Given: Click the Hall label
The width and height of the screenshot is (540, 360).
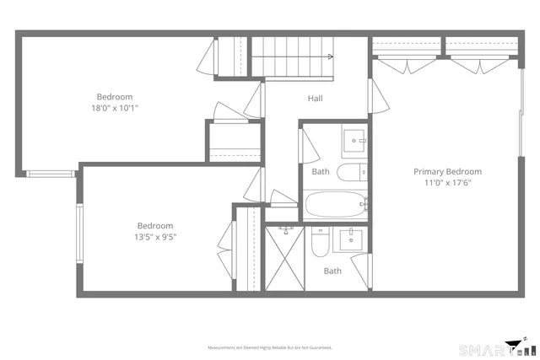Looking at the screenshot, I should click(x=315, y=99).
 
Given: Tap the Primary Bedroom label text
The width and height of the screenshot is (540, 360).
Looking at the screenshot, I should click(x=447, y=171).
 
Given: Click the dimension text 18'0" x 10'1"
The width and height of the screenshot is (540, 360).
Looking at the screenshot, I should click(x=115, y=108).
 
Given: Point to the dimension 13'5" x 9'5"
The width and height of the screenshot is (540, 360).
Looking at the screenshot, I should click(x=156, y=237).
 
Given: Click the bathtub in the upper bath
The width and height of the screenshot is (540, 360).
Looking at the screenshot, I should click(x=336, y=203).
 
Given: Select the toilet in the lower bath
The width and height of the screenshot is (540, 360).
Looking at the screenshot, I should click(x=320, y=244).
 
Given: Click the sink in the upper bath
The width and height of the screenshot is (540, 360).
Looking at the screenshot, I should click(x=354, y=141).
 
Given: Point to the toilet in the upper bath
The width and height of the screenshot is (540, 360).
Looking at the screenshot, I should click(x=350, y=173).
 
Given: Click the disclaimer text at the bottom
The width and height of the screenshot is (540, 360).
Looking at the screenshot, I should click(x=270, y=347).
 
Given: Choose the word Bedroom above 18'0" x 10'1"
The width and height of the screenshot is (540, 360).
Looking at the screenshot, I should click(x=114, y=97).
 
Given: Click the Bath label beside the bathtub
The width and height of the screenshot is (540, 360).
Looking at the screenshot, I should click(x=321, y=171).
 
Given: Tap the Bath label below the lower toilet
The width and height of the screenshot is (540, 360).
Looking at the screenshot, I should click(x=333, y=271).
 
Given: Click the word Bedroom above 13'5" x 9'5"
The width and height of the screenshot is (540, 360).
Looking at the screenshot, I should click(x=156, y=226).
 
